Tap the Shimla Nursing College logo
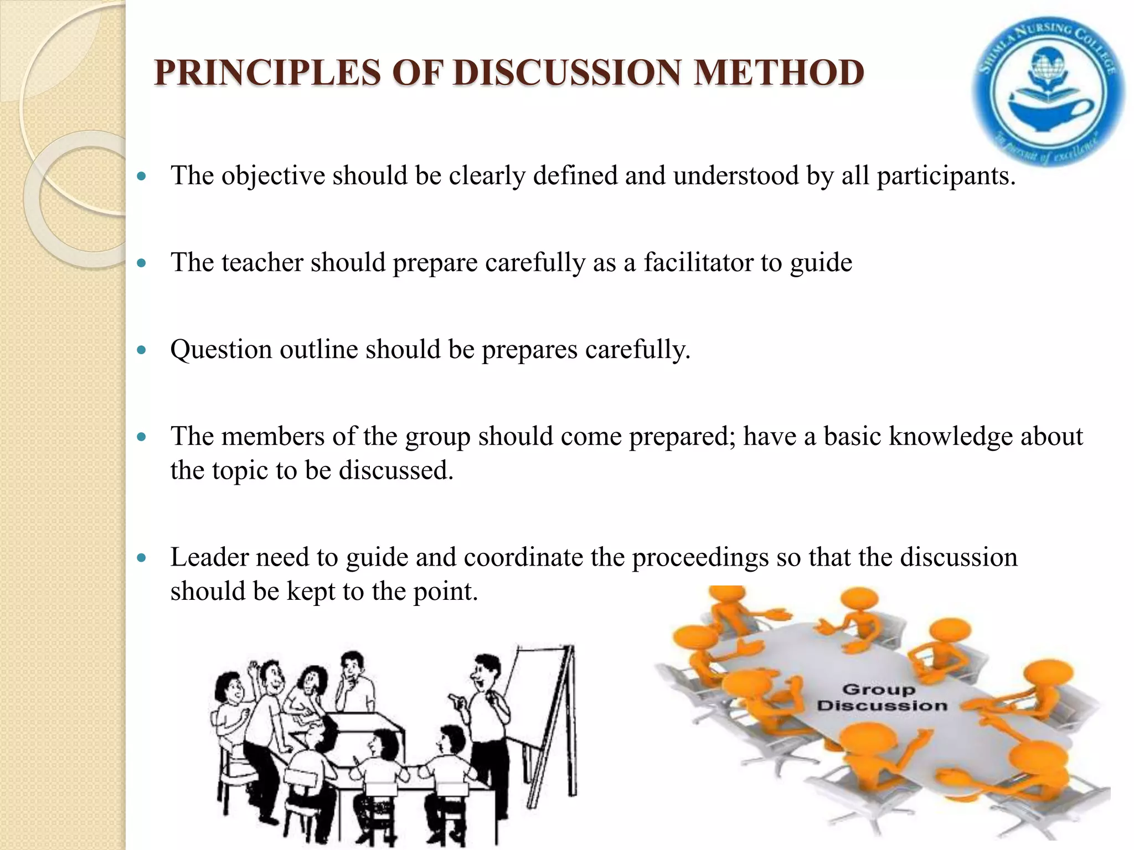1048,91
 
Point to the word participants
946,176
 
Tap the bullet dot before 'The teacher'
142,263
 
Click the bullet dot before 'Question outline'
142,350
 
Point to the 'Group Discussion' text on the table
882,697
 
